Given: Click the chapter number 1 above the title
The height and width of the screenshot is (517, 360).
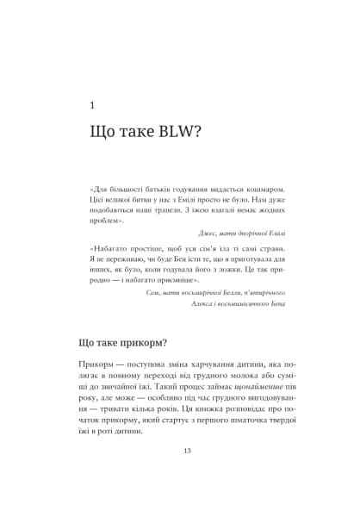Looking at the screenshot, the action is [92, 105].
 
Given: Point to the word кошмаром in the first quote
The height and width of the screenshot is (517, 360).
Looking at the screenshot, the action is [262, 190].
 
